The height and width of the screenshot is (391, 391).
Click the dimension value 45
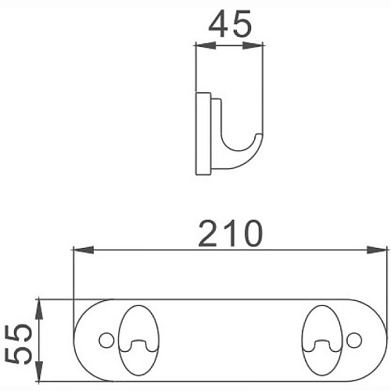point(231,27)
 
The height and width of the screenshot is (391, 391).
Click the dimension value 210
point(229,232)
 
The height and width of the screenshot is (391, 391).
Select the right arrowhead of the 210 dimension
point(382,250)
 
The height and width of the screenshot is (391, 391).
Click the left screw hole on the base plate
point(106,340)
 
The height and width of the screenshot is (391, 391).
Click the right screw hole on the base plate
point(353,340)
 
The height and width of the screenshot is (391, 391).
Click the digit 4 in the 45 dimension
point(219,27)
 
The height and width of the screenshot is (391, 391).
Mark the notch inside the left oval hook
point(138,345)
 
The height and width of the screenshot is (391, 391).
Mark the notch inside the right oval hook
point(321,345)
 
